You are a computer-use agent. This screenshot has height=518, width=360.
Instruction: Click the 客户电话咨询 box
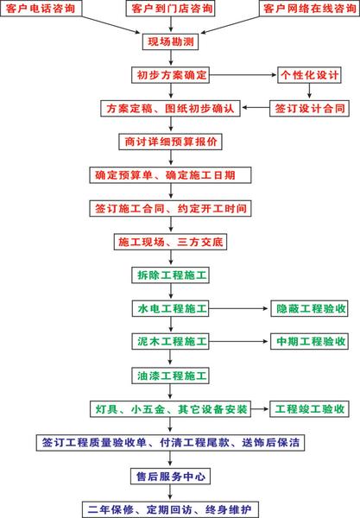click(x=41, y=8)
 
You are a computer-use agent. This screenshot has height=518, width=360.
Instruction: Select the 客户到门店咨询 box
click(x=170, y=8)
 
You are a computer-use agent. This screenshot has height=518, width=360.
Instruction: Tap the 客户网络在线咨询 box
click(x=309, y=8)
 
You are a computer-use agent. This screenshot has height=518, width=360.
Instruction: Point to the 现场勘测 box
click(x=170, y=41)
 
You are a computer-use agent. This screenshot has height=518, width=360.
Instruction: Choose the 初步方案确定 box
click(x=171, y=75)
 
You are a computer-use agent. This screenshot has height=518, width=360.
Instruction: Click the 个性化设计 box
click(x=309, y=75)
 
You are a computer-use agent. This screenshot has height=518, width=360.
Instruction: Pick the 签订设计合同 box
click(x=309, y=109)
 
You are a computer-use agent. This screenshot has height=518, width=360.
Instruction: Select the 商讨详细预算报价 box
click(x=170, y=142)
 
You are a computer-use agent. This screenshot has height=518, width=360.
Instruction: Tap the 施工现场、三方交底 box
click(x=170, y=242)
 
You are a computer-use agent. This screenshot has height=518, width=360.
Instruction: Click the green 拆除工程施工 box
click(x=170, y=275)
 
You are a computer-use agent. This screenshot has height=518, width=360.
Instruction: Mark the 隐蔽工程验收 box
click(x=309, y=308)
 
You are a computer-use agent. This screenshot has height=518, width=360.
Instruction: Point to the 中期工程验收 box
click(x=309, y=341)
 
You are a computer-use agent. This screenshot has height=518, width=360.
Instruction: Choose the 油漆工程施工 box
click(x=170, y=376)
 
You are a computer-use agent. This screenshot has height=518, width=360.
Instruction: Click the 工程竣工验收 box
click(x=309, y=409)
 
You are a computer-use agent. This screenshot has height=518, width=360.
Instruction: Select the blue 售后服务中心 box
click(x=170, y=476)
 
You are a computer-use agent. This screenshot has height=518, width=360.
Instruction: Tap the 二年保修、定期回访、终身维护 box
click(x=170, y=509)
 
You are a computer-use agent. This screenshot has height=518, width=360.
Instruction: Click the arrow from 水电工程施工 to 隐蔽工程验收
click(x=238, y=308)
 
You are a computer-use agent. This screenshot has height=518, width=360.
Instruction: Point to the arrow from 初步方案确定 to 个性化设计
click(x=243, y=75)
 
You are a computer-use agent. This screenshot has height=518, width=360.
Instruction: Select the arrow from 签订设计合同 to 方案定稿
click(x=256, y=108)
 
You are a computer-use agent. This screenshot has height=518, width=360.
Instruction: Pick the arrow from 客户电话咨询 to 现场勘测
click(x=111, y=24)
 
